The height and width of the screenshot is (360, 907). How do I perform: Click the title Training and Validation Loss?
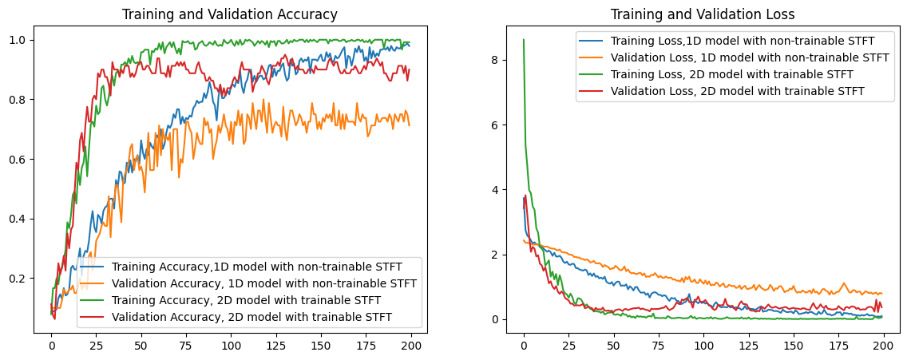pyautogui.click(x=703, y=14)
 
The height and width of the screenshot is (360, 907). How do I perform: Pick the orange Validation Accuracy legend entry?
pyautogui.click(x=264, y=283)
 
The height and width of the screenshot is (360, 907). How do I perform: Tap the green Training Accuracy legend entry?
pyautogui.click(x=246, y=300)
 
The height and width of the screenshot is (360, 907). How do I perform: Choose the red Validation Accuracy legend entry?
pyautogui.click(x=252, y=317)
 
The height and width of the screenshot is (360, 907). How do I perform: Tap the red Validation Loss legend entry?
pyautogui.click(x=738, y=91)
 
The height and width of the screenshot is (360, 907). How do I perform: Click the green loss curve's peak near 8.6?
pyautogui.click(x=524, y=40)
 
